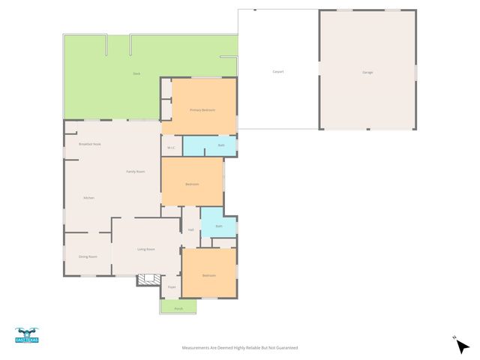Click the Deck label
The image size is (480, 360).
pyautogui.click(x=136, y=73)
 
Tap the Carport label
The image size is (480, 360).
pyautogui.click(x=277, y=72)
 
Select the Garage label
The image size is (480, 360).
pyautogui.click(x=367, y=72)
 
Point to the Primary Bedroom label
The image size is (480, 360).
pyautogui.click(x=202, y=110)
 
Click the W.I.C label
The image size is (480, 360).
pyautogui.click(x=171, y=147)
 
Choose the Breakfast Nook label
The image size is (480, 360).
pyautogui.click(x=90, y=144)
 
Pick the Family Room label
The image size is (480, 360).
pyautogui.click(x=135, y=172)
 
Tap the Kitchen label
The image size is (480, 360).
pyautogui.click(x=88, y=197)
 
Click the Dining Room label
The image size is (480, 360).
pyautogui.click(x=88, y=256)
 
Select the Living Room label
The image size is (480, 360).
pyautogui.click(x=145, y=249)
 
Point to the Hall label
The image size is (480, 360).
pyautogui.click(x=191, y=229)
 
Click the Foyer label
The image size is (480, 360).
pyautogui.click(x=172, y=286)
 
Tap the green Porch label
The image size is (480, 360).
pyautogui.click(x=178, y=308)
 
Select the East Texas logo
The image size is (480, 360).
pyautogui.click(x=26, y=336)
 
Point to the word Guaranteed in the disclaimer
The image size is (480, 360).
pyautogui.click(x=285, y=348)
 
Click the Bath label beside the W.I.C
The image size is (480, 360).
pyautogui.click(x=221, y=145)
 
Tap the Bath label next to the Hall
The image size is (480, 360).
pyautogui.click(x=219, y=226)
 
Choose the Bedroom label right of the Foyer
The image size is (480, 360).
pyautogui.click(x=208, y=275)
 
